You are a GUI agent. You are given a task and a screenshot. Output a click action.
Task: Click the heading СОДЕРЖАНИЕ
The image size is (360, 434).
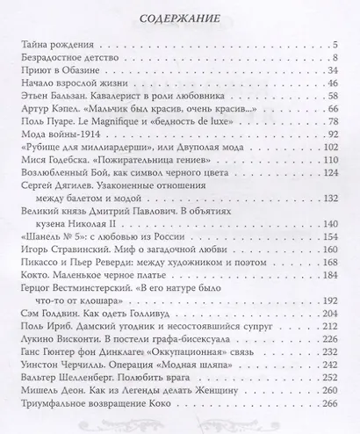pos(179,12)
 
